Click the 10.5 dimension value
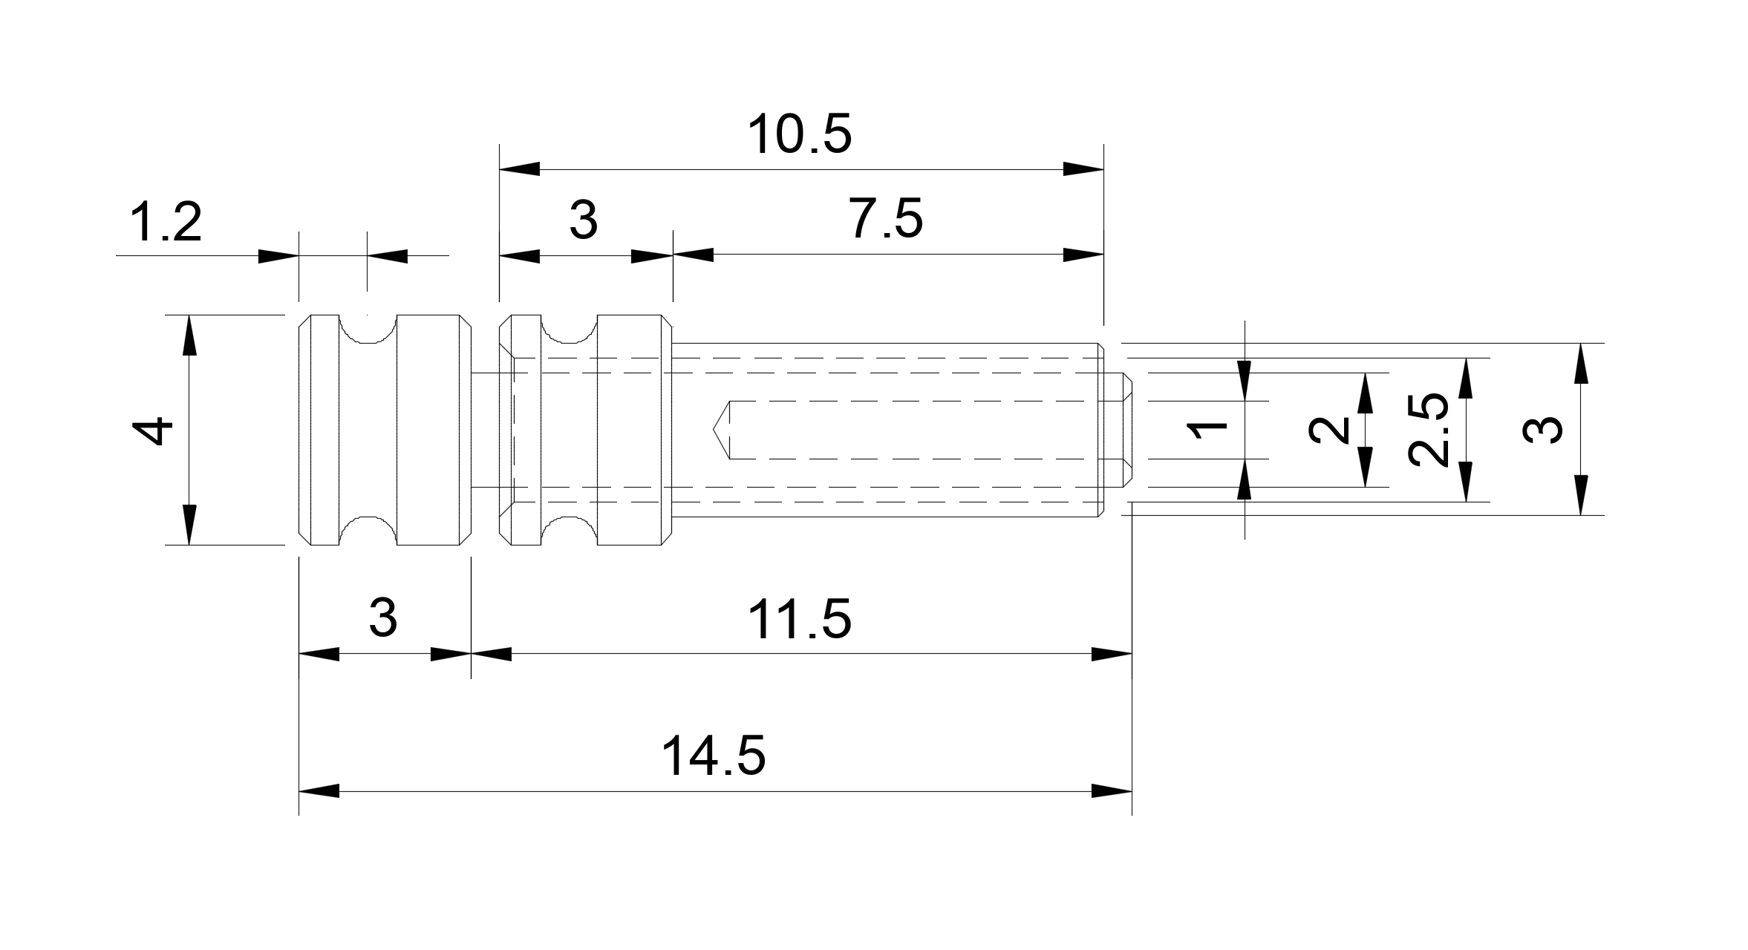[799, 135]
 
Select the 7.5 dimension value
[886, 220]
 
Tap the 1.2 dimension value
[166, 223]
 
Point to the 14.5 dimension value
[713, 757]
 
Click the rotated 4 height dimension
[157, 430]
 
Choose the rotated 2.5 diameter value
[1429, 430]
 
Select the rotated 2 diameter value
[1330, 430]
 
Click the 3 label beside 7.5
[584, 220]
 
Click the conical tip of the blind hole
[721, 430]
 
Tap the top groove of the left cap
[368, 329]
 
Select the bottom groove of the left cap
[368, 530]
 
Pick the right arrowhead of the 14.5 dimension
[1112, 791]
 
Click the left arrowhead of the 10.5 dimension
[520, 169]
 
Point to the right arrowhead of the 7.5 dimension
[1083, 255]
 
